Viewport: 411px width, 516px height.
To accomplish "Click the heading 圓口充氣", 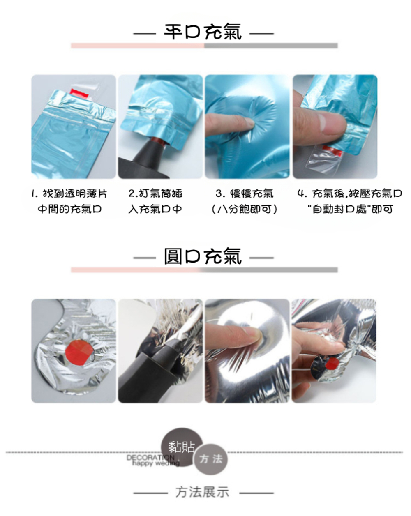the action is tap(203, 256).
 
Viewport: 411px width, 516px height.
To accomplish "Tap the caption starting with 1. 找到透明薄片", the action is tap(69, 193).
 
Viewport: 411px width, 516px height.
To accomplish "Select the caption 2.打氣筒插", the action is tap(155, 193).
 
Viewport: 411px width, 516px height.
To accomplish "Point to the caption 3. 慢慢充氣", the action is tap(244, 193).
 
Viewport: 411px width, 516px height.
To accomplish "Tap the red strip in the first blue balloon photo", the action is tap(79, 94).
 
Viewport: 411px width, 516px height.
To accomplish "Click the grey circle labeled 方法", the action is tap(211, 459).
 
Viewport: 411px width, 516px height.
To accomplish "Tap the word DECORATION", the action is tap(151, 458).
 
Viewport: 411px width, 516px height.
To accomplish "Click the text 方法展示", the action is tap(202, 492).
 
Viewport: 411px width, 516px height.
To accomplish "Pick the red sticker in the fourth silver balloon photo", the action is tap(332, 364).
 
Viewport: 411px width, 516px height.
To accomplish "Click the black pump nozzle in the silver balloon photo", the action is tap(154, 367).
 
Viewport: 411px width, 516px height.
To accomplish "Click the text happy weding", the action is tap(156, 463).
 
